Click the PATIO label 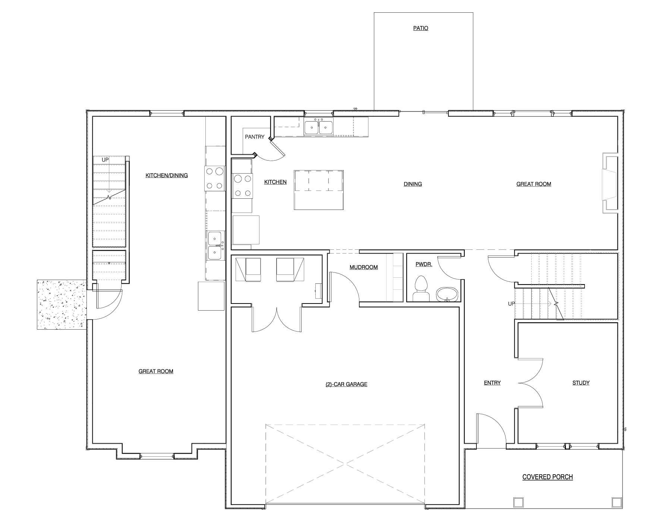point(420,28)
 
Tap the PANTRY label point(255,137)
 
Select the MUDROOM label point(363,267)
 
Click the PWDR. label point(424,264)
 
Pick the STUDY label point(581,383)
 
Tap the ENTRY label point(492,383)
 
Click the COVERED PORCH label point(548,477)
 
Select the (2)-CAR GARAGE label point(346,384)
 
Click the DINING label point(413,184)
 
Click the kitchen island point(319,190)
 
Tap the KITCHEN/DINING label point(167,175)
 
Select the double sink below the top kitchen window point(319,127)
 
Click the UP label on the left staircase point(105,160)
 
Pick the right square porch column point(616,502)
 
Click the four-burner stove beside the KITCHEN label point(242,186)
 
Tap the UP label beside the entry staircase point(511,304)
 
